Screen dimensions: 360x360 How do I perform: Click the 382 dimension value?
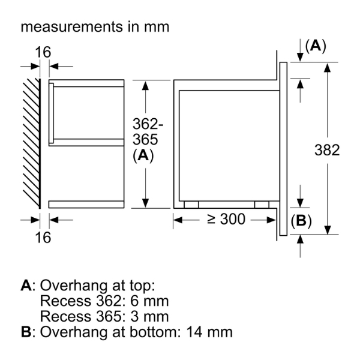pos(328,150)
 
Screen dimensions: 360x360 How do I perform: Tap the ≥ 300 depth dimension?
pos(226,220)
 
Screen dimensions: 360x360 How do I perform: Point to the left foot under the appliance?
pos(191,204)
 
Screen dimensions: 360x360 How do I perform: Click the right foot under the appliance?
pos(262,204)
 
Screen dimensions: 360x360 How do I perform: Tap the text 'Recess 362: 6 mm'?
pos(104,301)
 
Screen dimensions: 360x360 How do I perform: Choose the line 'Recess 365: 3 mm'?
pos(104,316)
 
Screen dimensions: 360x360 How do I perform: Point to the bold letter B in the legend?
pos(26,331)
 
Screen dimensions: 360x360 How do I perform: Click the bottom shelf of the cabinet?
pos(86,204)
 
